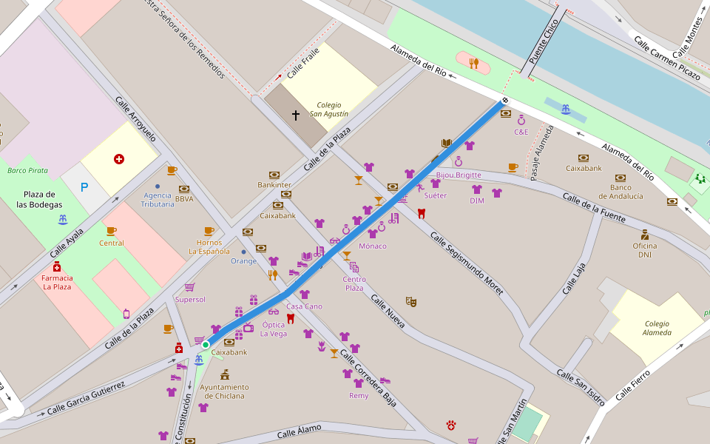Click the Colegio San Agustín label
[329, 110]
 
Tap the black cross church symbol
[296, 115]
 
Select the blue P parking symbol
[84, 188]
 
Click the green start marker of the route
[206, 344]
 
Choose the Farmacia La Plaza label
[57, 282]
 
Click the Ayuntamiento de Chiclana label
[224, 391]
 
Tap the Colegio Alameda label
[657, 328]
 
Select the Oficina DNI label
[645, 250]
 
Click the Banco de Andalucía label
[621, 192]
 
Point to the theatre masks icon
[411, 301]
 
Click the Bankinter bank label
[274, 184]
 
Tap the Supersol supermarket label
[190, 299]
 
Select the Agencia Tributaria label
[158, 199]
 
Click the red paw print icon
[451, 425]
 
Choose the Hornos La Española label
[209, 246]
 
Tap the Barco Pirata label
[27, 170]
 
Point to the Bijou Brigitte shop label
[459, 175]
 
